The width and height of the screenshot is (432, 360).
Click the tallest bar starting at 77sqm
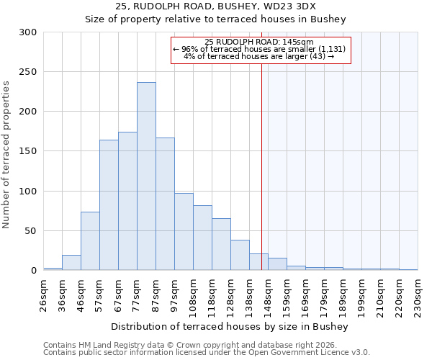146,176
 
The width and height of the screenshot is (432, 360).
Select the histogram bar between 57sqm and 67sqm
109,205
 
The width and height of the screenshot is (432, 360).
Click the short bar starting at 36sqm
71,263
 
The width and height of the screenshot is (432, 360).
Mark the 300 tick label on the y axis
28,32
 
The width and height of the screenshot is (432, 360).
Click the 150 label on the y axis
28,151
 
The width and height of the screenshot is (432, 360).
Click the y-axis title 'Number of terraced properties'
6,154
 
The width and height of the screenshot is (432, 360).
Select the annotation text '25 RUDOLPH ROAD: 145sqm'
259,42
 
